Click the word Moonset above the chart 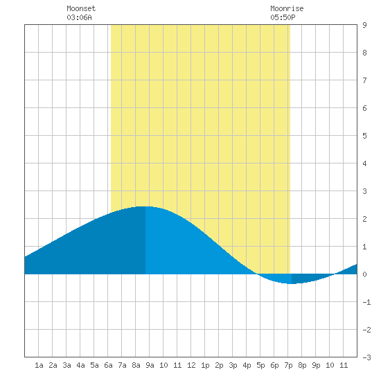81,8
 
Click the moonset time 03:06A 79,17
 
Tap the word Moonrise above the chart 287,8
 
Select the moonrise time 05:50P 283,17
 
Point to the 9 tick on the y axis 364,25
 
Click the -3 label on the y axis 366,357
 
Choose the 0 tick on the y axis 364,274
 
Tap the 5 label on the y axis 364,136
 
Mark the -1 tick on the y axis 366,302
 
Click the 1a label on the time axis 39,365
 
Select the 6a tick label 108,365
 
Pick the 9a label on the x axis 150,365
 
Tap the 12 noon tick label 191,365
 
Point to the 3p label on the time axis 233,365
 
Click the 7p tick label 288,365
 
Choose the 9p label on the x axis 316,365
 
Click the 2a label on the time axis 53,365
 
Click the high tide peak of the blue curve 145,207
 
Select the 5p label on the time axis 260,365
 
